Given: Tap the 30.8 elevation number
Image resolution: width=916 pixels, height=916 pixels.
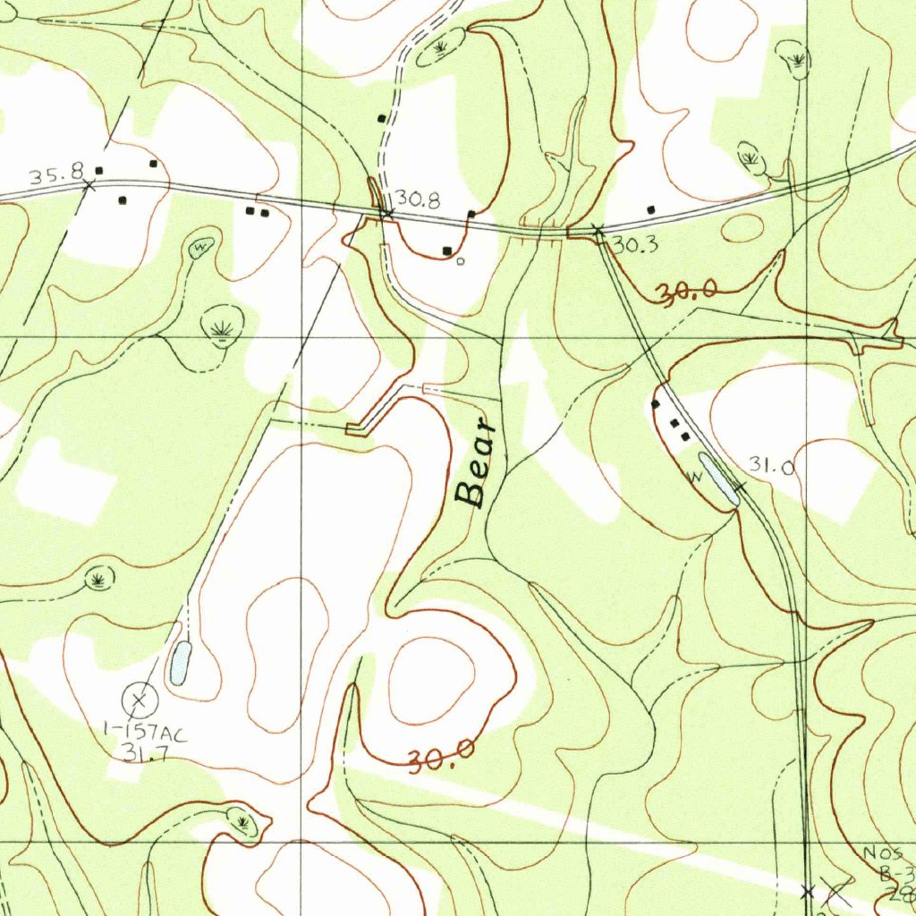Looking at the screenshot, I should click(418, 200).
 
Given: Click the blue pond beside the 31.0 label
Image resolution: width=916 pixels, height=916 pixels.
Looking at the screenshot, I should click(720, 479).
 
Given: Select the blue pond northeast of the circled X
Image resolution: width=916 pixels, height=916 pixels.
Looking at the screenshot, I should click(179, 663).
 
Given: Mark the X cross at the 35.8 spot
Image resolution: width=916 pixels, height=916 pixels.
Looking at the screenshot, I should click(89, 186).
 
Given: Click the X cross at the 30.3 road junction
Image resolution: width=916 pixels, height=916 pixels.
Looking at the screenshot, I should click(598, 231).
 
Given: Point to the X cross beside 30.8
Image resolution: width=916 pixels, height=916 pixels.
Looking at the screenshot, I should click(386, 213).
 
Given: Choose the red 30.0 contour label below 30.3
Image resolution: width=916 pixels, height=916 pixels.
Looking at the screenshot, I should click(687, 293).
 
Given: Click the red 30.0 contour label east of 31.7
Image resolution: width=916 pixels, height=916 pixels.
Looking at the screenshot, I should click(441, 759).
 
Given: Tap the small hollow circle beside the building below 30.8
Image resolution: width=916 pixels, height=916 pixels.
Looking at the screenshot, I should click(461, 261).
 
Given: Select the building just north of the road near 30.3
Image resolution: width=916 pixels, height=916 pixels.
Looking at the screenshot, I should click(650, 209).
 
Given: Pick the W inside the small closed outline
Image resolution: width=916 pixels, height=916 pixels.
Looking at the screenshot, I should click(200, 244).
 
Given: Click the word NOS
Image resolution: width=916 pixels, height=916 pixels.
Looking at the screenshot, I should click(883, 853).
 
